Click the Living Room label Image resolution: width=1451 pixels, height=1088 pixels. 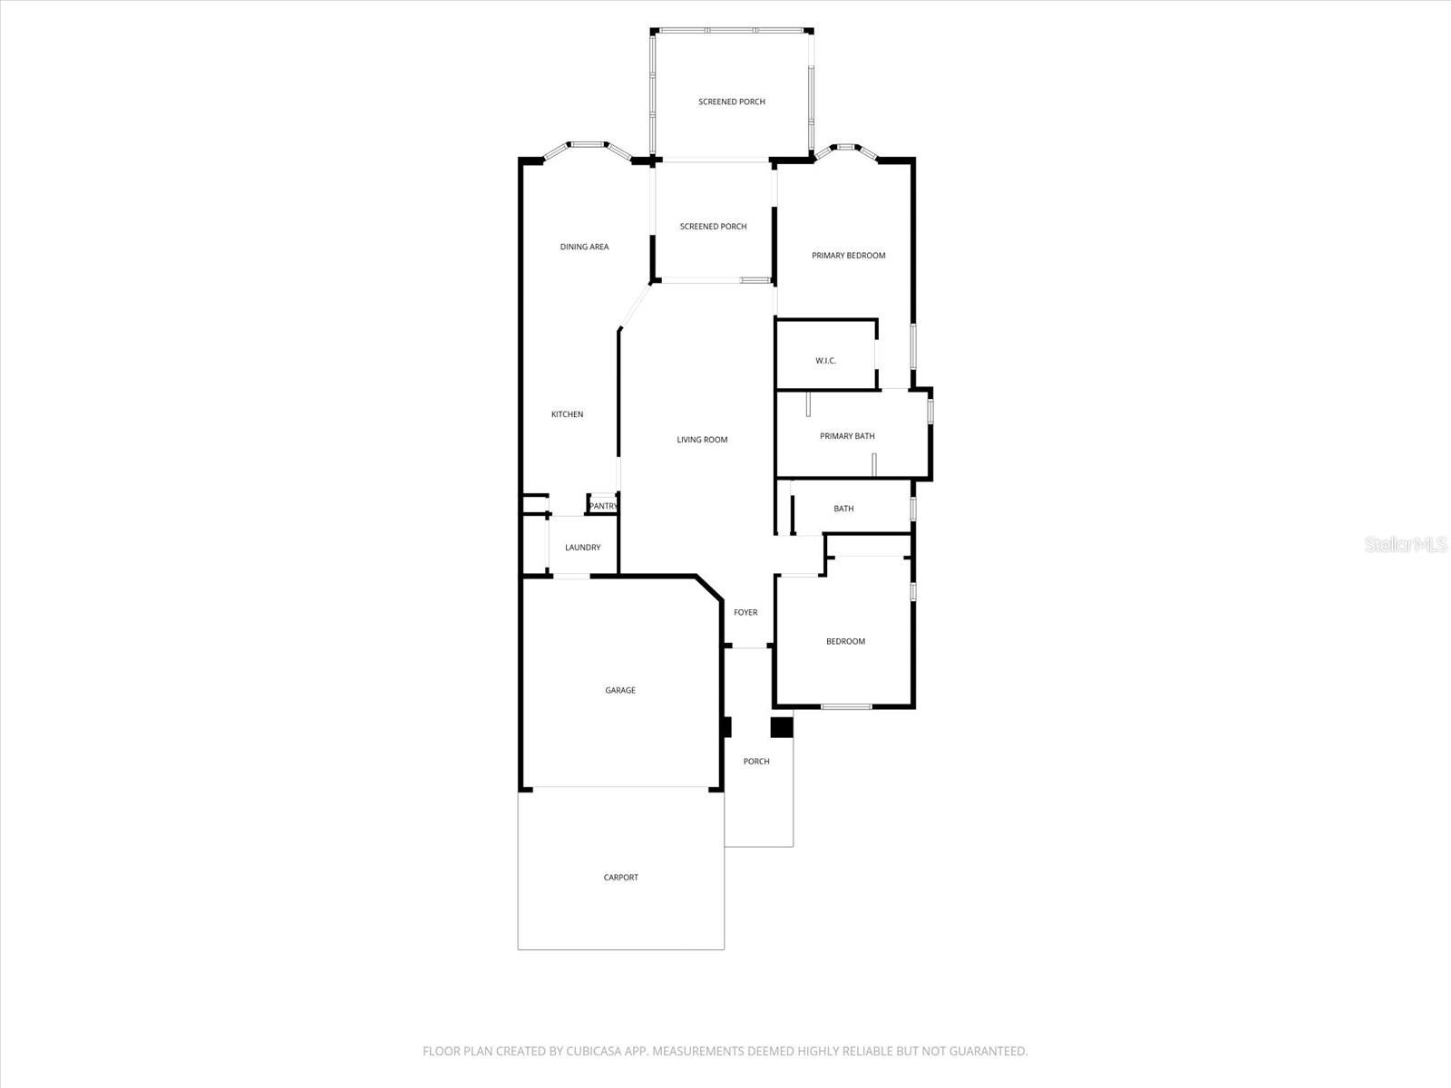(x=702, y=440)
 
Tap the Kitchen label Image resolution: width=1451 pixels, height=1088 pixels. (x=568, y=414)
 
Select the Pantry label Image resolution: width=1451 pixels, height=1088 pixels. (x=603, y=506)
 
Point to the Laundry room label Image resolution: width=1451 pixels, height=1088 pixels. (x=582, y=548)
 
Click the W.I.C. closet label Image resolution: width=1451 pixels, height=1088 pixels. (x=825, y=361)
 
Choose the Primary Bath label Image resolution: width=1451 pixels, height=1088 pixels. (x=847, y=436)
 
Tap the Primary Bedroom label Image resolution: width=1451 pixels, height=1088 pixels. (x=848, y=256)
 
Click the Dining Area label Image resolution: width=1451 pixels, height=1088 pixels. (x=584, y=247)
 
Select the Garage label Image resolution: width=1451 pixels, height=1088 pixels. (x=620, y=691)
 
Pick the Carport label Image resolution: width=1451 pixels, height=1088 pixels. (x=621, y=878)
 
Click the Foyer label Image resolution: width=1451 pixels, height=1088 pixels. (x=745, y=613)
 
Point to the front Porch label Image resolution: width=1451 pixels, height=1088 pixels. (x=756, y=762)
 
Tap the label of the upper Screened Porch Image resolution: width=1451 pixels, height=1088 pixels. (x=731, y=102)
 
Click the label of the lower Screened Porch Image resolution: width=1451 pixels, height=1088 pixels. (x=713, y=227)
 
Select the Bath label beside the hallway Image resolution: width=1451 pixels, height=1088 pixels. (x=843, y=509)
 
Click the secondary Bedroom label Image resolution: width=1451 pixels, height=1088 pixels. (x=845, y=642)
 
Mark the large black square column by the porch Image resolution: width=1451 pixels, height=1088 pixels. (x=781, y=727)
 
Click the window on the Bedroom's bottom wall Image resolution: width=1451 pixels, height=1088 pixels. (x=846, y=706)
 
